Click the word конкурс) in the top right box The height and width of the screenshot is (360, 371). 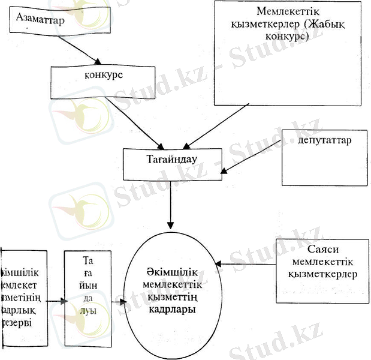click(286, 37)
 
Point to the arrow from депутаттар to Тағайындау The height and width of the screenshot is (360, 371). click(251, 156)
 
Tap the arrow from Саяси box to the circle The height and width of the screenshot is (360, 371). click(246, 263)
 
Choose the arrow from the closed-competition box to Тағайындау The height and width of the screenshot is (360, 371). click(216, 125)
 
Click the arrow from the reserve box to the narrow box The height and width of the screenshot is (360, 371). click(55, 299)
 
